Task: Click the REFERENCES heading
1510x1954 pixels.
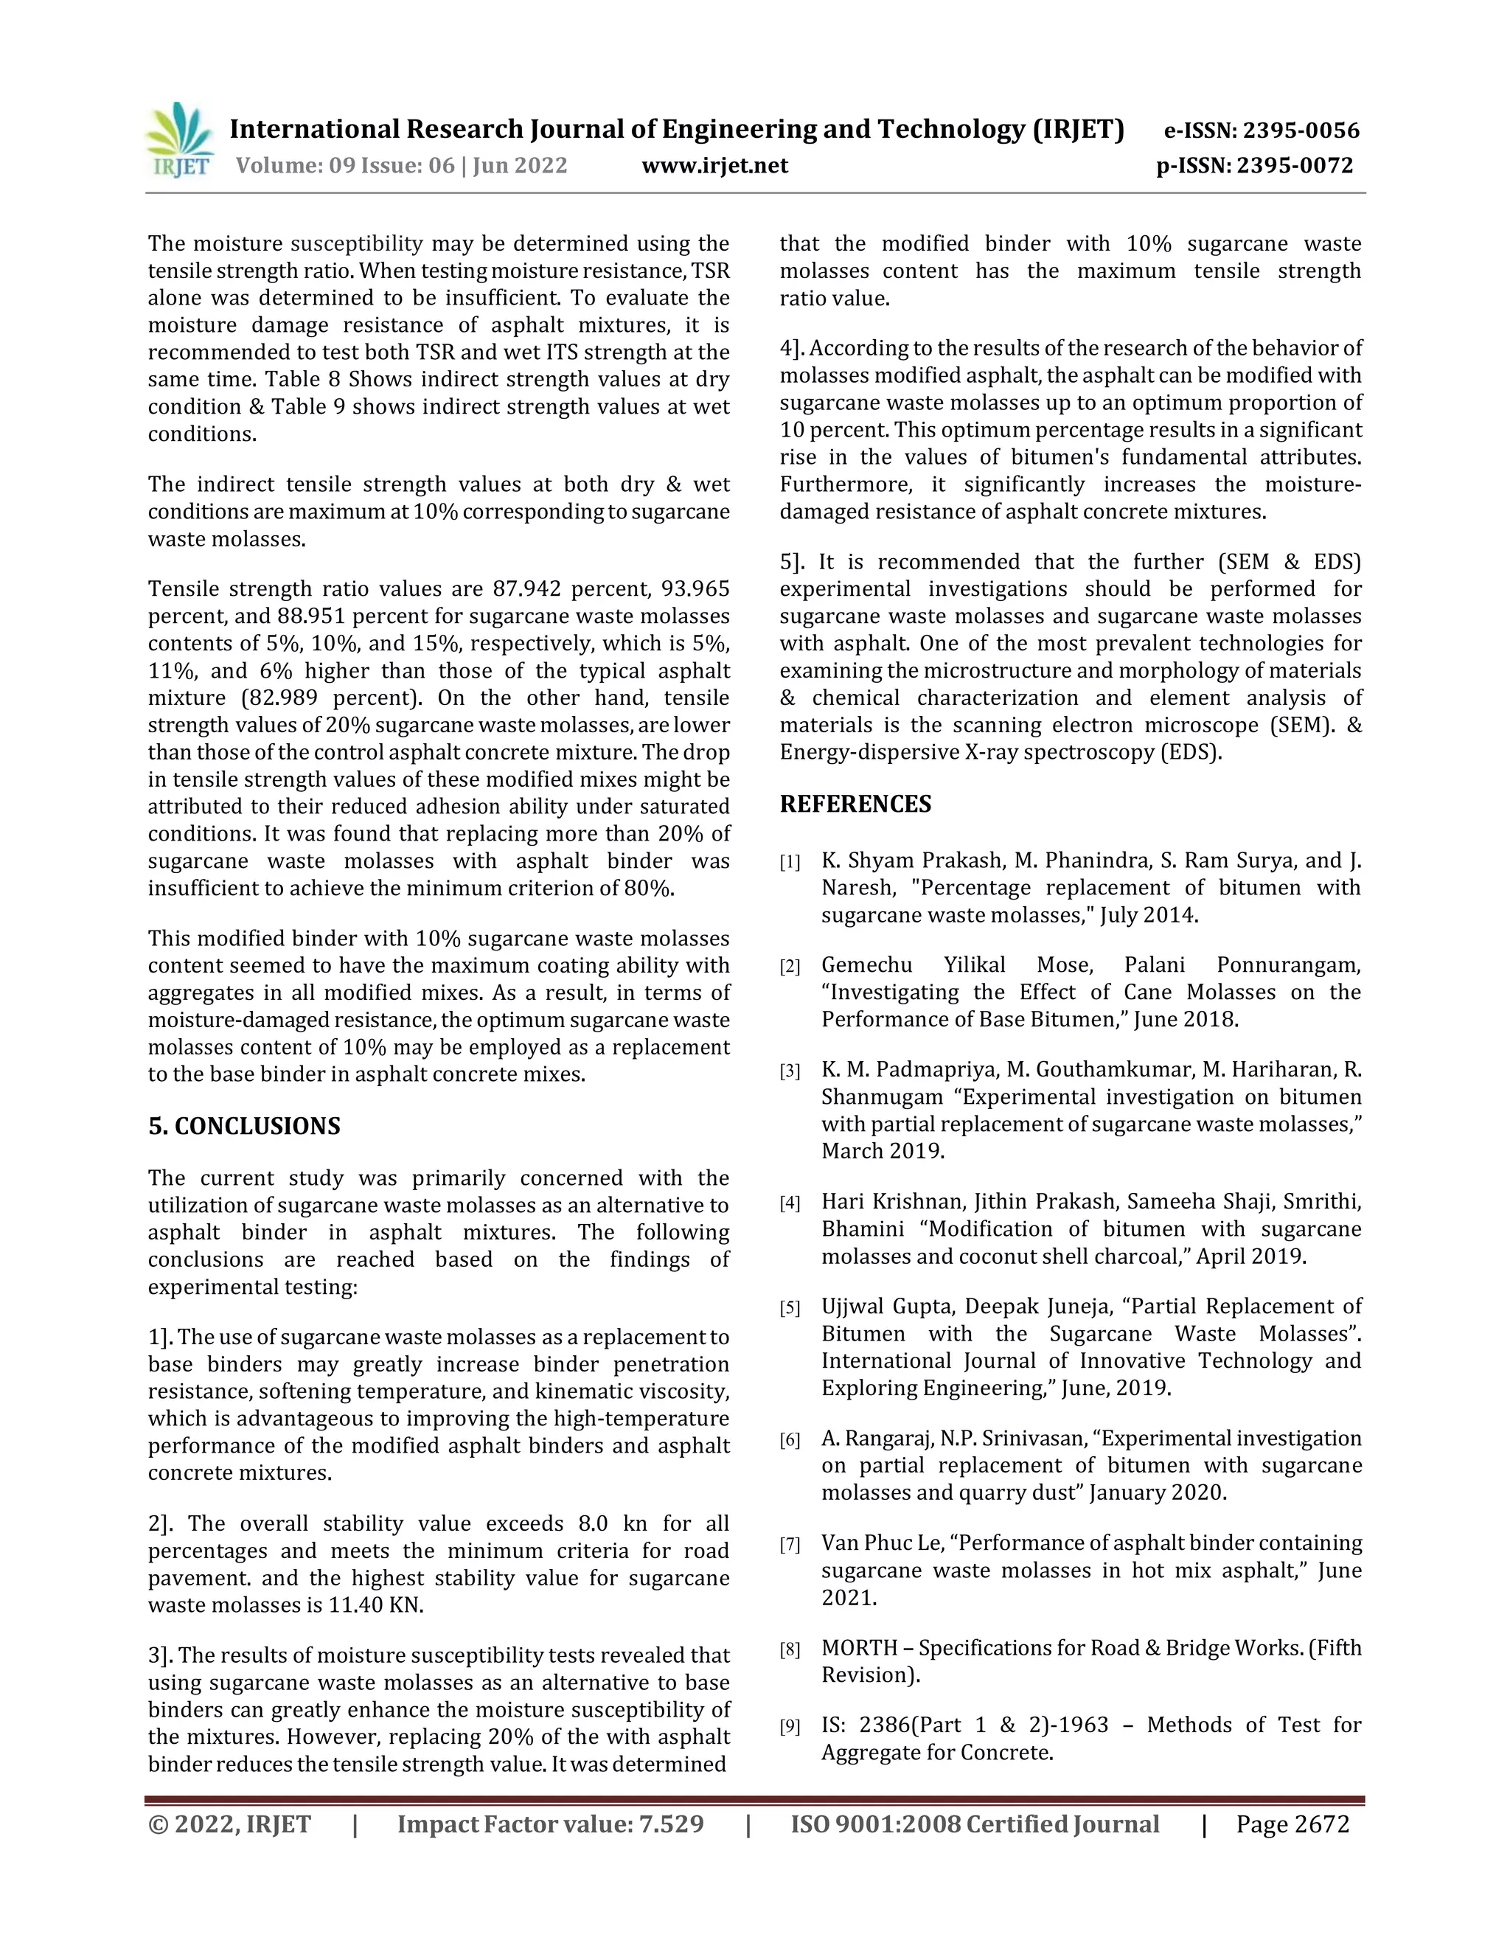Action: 855,804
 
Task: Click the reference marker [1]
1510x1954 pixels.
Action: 790,863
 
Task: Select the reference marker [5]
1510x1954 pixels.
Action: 790,1309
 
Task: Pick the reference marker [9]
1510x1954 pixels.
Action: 790,1727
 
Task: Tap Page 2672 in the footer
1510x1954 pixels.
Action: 1292,1824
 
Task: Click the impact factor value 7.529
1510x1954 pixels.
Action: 671,1824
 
